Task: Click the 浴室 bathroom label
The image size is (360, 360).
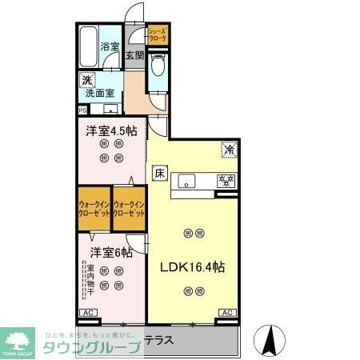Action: coord(110,47)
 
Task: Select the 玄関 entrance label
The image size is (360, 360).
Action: coord(134,55)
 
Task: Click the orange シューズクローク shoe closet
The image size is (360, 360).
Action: coord(157,35)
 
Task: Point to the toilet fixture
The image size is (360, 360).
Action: coord(157,71)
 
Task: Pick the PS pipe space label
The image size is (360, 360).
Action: coord(82,110)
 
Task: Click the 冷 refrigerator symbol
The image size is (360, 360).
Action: coord(228,148)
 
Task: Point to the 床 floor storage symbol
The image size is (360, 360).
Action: coord(159,172)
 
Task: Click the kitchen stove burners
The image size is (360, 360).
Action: coord(226,181)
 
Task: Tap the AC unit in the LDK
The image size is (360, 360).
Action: coord(226,312)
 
